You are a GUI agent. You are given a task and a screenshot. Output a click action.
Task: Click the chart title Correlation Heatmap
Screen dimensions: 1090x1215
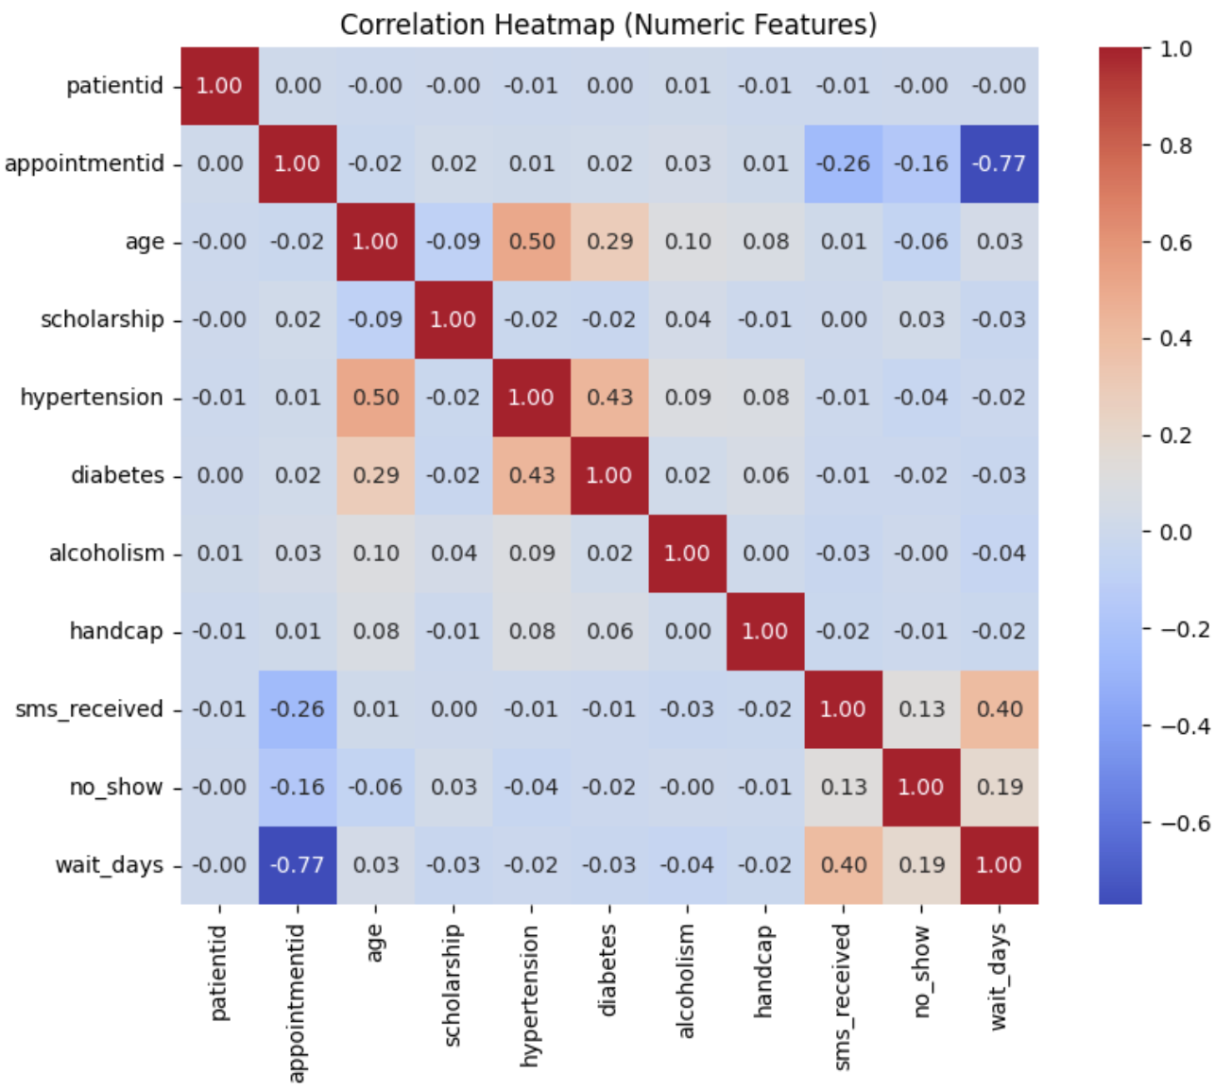[608, 24]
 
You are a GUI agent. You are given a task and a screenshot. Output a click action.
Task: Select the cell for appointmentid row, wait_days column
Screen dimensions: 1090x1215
[1000, 163]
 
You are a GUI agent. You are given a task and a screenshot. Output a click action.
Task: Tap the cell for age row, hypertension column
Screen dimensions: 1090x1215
[532, 242]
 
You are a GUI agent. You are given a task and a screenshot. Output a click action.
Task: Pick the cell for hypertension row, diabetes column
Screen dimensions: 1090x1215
[609, 398]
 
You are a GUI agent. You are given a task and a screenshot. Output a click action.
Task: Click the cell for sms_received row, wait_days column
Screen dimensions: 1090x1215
[1000, 709]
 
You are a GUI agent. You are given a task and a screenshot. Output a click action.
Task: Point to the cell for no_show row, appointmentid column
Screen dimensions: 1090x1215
[298, 787]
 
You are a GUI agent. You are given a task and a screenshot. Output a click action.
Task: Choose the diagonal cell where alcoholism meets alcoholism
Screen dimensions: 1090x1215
[688, 554]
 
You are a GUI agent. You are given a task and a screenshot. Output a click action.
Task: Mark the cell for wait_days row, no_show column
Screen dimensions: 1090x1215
[921, 865]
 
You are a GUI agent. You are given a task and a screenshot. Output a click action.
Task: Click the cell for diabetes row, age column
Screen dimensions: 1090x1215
[376, 475]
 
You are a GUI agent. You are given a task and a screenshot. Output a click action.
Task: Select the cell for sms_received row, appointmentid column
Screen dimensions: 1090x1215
[298, 709]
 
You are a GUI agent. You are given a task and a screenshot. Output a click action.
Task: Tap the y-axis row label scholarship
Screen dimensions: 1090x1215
[102, 319]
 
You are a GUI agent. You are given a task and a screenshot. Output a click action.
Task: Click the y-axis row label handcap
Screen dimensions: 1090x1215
[116, 631]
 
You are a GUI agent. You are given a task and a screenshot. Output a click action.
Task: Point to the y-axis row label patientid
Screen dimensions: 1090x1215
[114, 86]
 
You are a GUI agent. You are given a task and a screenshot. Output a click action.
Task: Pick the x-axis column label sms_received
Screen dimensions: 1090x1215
[843, 996]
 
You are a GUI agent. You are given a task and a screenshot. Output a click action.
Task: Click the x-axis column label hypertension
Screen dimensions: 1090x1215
[530, 996]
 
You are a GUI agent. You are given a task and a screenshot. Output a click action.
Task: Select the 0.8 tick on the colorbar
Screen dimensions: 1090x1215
[1174, 145]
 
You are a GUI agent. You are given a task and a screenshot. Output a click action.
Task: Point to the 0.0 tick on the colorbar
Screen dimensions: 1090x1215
[1174, 532]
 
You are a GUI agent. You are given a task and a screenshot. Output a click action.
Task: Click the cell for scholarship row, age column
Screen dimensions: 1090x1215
[376, 319]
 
